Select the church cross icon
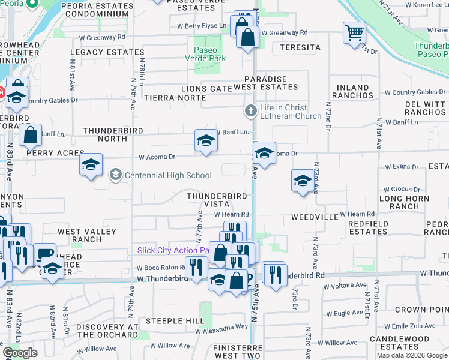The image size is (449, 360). click(250, 111)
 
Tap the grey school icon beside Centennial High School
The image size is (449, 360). click(116, 176)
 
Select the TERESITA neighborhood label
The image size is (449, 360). click(296, 47)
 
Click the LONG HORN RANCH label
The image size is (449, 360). click(404, 202)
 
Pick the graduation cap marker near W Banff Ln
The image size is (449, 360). click(206, 141)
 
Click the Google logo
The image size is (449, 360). click(20, 353)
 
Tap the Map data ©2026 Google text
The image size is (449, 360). click(411, 355)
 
